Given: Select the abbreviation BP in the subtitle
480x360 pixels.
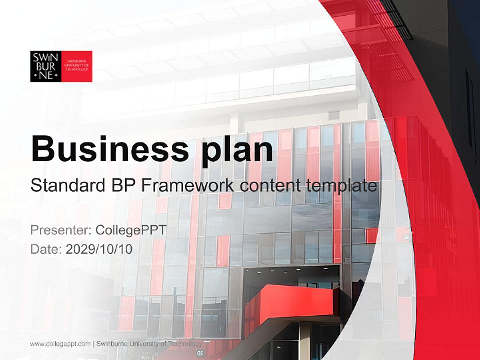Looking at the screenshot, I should click(x=121, y=186).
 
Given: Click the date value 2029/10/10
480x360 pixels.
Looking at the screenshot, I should click(x=99, y=249).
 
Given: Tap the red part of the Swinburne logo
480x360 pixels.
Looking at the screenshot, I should click(x=77, y=66).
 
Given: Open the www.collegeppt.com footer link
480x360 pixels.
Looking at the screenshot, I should click(x=60, y=344).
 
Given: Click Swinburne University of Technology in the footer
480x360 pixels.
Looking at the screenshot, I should click(x=149, y=344).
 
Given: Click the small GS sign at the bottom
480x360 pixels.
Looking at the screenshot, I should click(x=200, y=353).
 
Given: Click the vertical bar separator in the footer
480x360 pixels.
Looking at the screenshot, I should click(x=94, y=344).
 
